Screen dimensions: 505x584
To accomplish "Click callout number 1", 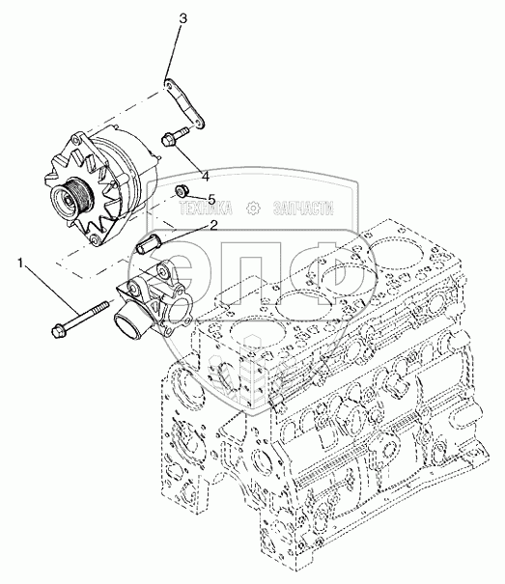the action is pyautogui.click(x=21, y=264).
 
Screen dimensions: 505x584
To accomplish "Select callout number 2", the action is pyautogui.click(x=213, y=225).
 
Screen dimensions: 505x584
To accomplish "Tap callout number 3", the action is pyautogui.click(x=182, y=19).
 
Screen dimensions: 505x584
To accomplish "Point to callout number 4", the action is pyautogui.click(x=205, y=176).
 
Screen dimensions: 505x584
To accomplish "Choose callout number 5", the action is pyautogui.click(x=211, y=199).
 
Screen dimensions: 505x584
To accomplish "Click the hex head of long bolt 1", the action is pyautogui.click(x=59, y=330).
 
